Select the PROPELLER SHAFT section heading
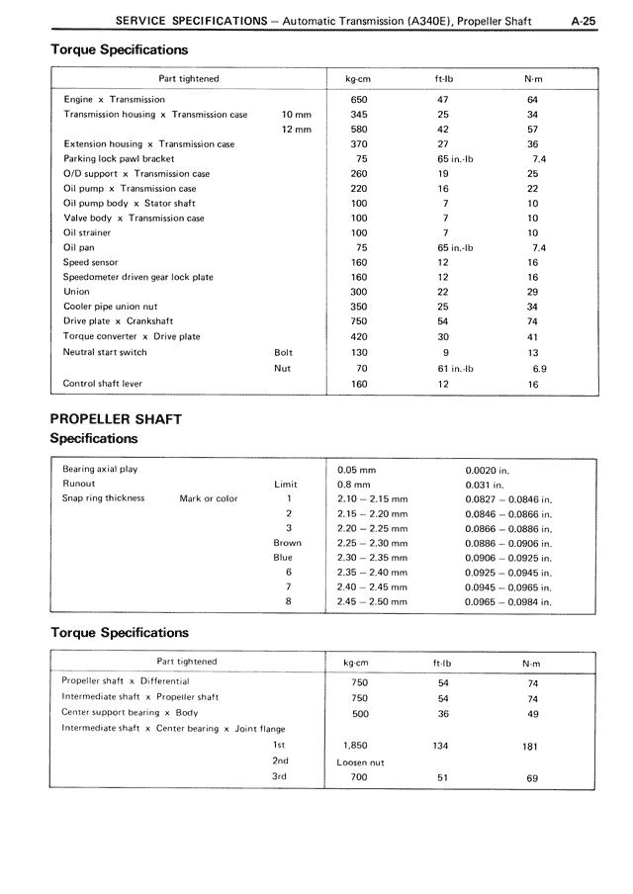pos(116,418)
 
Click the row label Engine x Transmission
pos(114,99)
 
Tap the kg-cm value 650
pos(359,99)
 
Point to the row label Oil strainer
pos(87,232)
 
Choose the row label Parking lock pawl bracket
pos(119,158)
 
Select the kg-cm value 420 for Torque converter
pos(359,336)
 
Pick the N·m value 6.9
pos(539,368)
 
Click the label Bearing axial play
pos(100,469)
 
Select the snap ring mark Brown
pos(288,543)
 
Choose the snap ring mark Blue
pos(283,557)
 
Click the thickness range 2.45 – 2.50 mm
pos(372,600)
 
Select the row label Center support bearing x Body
pos(130,712)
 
